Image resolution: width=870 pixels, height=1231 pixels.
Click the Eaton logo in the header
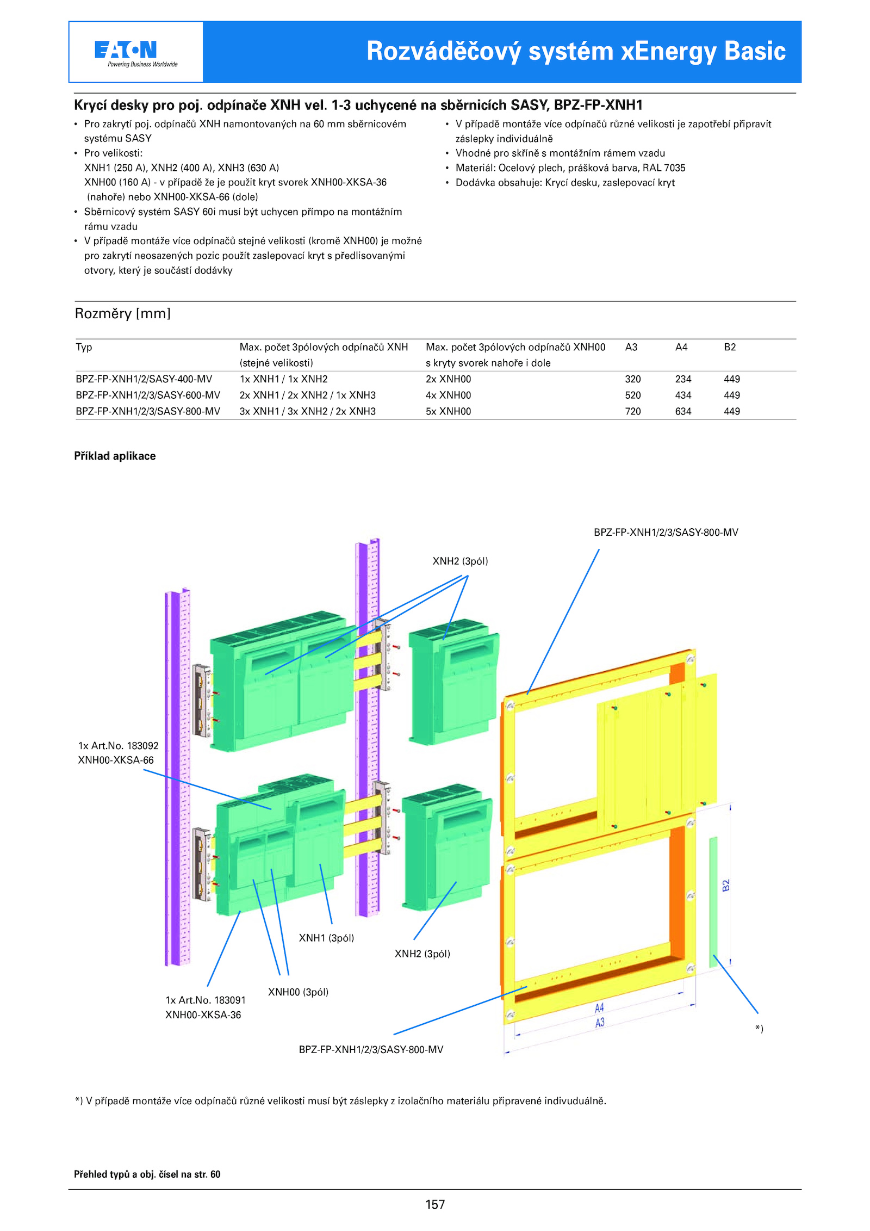[x=126, y=50]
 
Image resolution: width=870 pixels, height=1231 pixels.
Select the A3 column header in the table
[x=631, y=347]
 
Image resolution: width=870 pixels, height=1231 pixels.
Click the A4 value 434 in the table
[x=683, y=395]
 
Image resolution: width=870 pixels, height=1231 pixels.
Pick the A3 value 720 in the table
[x=632, y=411]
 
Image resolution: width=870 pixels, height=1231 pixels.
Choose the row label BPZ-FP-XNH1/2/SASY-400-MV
[x=144, y=379]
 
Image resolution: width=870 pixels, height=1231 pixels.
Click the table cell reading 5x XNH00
[x=448, y=411]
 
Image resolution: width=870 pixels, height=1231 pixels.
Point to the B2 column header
[x=730, y=347]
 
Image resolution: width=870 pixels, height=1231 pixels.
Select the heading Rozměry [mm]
[x=122, y=314]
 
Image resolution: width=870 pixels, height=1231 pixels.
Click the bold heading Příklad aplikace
[x=115, y=456]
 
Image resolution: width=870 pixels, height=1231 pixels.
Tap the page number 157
[x=435, y=1204]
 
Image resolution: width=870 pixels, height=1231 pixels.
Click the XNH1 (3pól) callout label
[x=326, y=938]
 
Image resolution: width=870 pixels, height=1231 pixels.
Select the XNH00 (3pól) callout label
[x=298, y=992]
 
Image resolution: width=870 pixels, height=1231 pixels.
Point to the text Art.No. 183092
[x=126, y=746]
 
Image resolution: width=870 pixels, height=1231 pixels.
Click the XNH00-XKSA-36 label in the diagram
[x=203, y=1015]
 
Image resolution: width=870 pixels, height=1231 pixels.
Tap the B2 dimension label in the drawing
[x=725, y=885]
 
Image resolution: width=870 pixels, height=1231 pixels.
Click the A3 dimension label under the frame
[x=600, y=1023]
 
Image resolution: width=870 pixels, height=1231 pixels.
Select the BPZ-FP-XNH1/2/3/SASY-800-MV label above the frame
[x=666, y=532]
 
